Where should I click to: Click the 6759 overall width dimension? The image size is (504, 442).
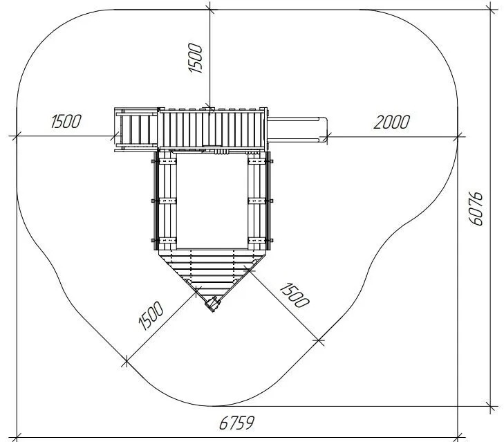236,423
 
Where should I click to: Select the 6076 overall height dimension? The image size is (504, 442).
476,208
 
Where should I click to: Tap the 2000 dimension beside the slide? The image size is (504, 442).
391,122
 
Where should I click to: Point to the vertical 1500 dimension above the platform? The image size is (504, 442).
195,58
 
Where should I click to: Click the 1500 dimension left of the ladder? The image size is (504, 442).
66,121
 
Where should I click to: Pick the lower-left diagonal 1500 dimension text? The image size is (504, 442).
151,315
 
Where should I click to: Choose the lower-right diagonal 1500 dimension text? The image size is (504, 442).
295,295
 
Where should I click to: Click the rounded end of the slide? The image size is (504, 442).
325,129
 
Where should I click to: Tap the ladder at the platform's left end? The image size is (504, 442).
136,129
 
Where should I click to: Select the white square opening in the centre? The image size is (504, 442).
212,201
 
